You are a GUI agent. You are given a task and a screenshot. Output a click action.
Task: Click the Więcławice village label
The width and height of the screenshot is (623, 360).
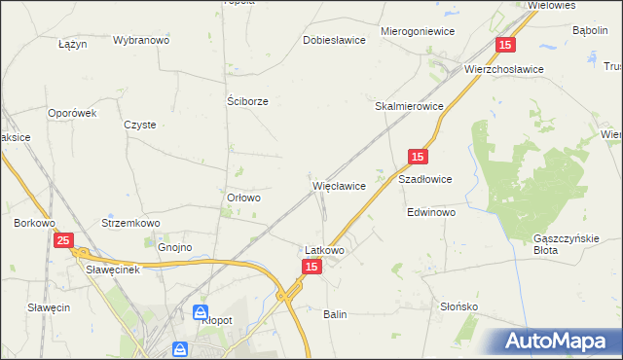[x=339, y=185]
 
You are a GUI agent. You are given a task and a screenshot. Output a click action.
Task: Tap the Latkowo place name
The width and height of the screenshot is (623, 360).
[x=324, y=250]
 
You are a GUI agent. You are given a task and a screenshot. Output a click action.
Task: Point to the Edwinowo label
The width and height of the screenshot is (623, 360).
[x=431, y=211]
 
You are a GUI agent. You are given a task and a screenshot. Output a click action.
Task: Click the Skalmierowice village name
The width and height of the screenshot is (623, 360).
[x=410, y=106]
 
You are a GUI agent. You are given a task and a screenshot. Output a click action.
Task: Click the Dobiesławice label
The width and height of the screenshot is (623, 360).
[x=334, y=40]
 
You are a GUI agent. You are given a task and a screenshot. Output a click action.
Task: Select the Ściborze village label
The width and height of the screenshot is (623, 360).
[x=247, y=100]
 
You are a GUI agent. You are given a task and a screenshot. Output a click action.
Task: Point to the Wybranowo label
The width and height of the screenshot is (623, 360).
[x=141, y=40]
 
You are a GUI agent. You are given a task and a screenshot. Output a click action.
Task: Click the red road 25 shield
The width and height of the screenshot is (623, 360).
[x=63, y=240]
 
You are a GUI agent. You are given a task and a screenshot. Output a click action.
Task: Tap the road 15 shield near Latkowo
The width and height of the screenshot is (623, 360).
[x=311, y=267]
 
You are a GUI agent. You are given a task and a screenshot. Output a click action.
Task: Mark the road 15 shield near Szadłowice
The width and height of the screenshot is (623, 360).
[x=417, y=157]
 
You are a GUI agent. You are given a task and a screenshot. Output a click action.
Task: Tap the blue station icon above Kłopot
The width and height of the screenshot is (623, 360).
[x=200, y=313]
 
